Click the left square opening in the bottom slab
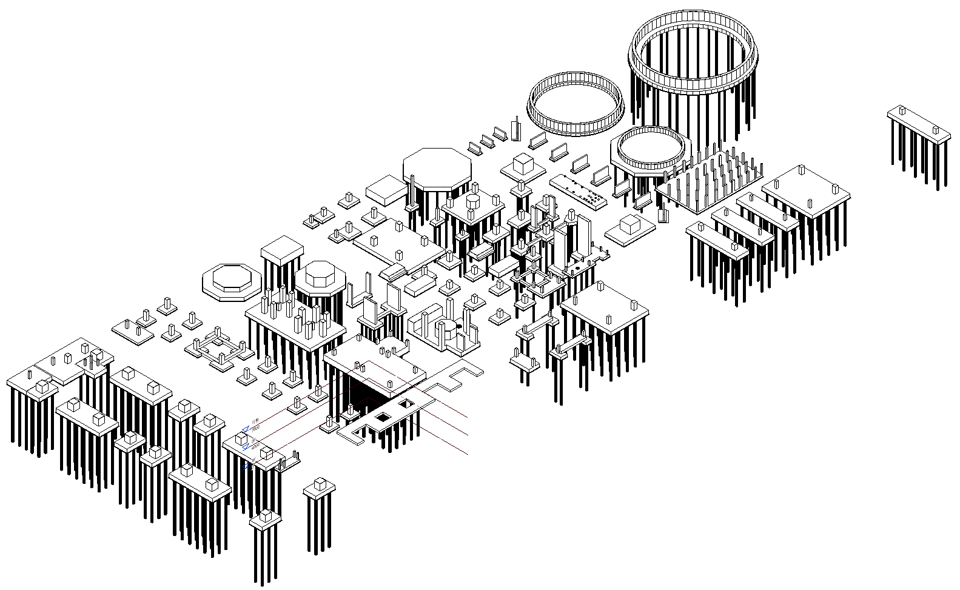coord(383,417)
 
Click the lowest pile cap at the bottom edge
coord(264,520)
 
